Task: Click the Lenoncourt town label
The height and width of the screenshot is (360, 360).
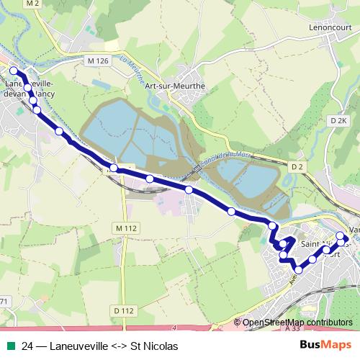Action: pyautogui.click(x=328, y=27)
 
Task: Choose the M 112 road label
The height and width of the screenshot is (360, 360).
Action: pyautogui.click(x=125, y=228)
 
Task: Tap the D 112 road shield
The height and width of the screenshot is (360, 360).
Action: pyautogui.click(x=124, y=310)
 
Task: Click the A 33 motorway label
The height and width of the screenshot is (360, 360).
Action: pyautogui.click(x=292, y=328)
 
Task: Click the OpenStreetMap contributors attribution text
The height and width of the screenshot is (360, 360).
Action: pyautogui.click(x=297, y=323)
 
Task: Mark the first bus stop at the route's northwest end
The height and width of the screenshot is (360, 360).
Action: pyautogui.click(x=13, y=71)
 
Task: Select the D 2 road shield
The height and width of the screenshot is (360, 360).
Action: pyautogui.click(x=297, y=166)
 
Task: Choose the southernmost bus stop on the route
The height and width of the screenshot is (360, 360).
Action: pyautogui.click(x=299, y=270)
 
